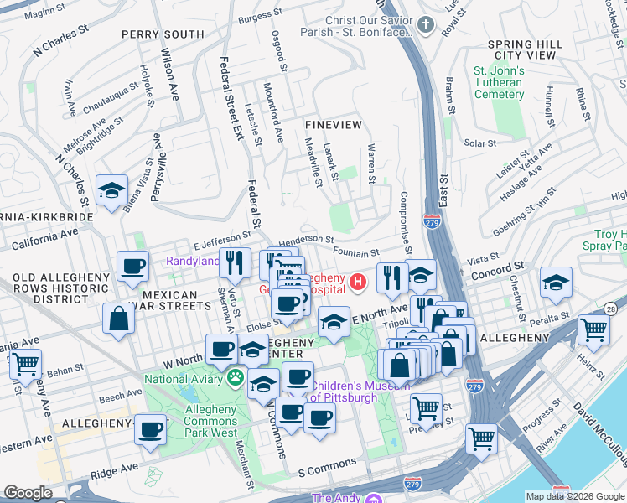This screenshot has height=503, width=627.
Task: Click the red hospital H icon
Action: point(359,282)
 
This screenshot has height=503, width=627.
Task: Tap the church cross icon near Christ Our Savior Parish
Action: point(425,24)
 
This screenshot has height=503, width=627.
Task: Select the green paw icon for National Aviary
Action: point(236,379)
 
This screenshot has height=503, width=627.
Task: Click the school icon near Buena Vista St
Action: point(111,191)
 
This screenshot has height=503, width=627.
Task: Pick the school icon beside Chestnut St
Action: point(556,283)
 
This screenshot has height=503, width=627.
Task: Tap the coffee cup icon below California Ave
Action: point(132,267)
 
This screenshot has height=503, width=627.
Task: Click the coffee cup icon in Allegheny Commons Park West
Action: point(151,429)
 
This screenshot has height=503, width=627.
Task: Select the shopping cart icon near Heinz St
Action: point(593,329)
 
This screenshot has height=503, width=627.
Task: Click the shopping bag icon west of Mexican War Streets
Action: point(119,319)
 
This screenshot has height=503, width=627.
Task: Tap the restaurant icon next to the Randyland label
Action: point(235,263)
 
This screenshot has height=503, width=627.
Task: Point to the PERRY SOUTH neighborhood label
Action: point(162,34)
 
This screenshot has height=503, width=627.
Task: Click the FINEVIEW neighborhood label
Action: point(334,124)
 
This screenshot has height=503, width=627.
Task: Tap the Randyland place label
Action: point(192,261)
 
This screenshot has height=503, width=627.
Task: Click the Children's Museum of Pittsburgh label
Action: point(356,392)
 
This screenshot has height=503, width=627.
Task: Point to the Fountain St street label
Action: point(356,252)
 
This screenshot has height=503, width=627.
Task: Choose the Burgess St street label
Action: point(256,17)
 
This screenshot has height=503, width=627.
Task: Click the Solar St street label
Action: point(480,143)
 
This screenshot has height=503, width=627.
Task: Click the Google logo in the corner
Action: point(28,493)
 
